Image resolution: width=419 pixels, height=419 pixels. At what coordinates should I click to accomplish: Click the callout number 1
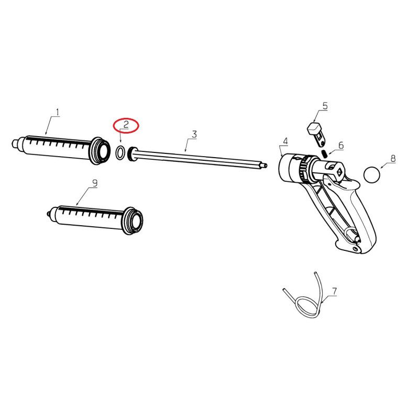[58, 113]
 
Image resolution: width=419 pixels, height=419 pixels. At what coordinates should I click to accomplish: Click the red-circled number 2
[126, 125]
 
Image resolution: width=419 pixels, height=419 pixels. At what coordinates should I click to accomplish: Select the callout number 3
[194, 135]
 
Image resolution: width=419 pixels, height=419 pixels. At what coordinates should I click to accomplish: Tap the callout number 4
[285, 141]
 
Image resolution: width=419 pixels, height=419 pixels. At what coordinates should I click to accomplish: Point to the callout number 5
[325, 106]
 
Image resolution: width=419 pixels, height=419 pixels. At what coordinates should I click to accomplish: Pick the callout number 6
[341, 146]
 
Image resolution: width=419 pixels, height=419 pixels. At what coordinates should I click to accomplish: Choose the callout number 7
[334, 291]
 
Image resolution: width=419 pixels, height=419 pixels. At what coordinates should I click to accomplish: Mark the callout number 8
[393, 159]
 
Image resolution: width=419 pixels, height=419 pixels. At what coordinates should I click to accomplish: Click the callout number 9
[95, 183]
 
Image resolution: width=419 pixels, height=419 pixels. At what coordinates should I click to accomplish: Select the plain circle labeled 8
[372, 175]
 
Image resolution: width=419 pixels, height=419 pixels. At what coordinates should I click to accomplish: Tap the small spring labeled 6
[324, 154]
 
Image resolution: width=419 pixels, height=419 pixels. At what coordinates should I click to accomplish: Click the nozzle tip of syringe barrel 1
[15, 143]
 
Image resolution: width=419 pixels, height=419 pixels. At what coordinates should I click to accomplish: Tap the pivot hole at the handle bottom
[355, 249]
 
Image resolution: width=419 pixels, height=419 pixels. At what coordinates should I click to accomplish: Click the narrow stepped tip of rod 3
[265, 166]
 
